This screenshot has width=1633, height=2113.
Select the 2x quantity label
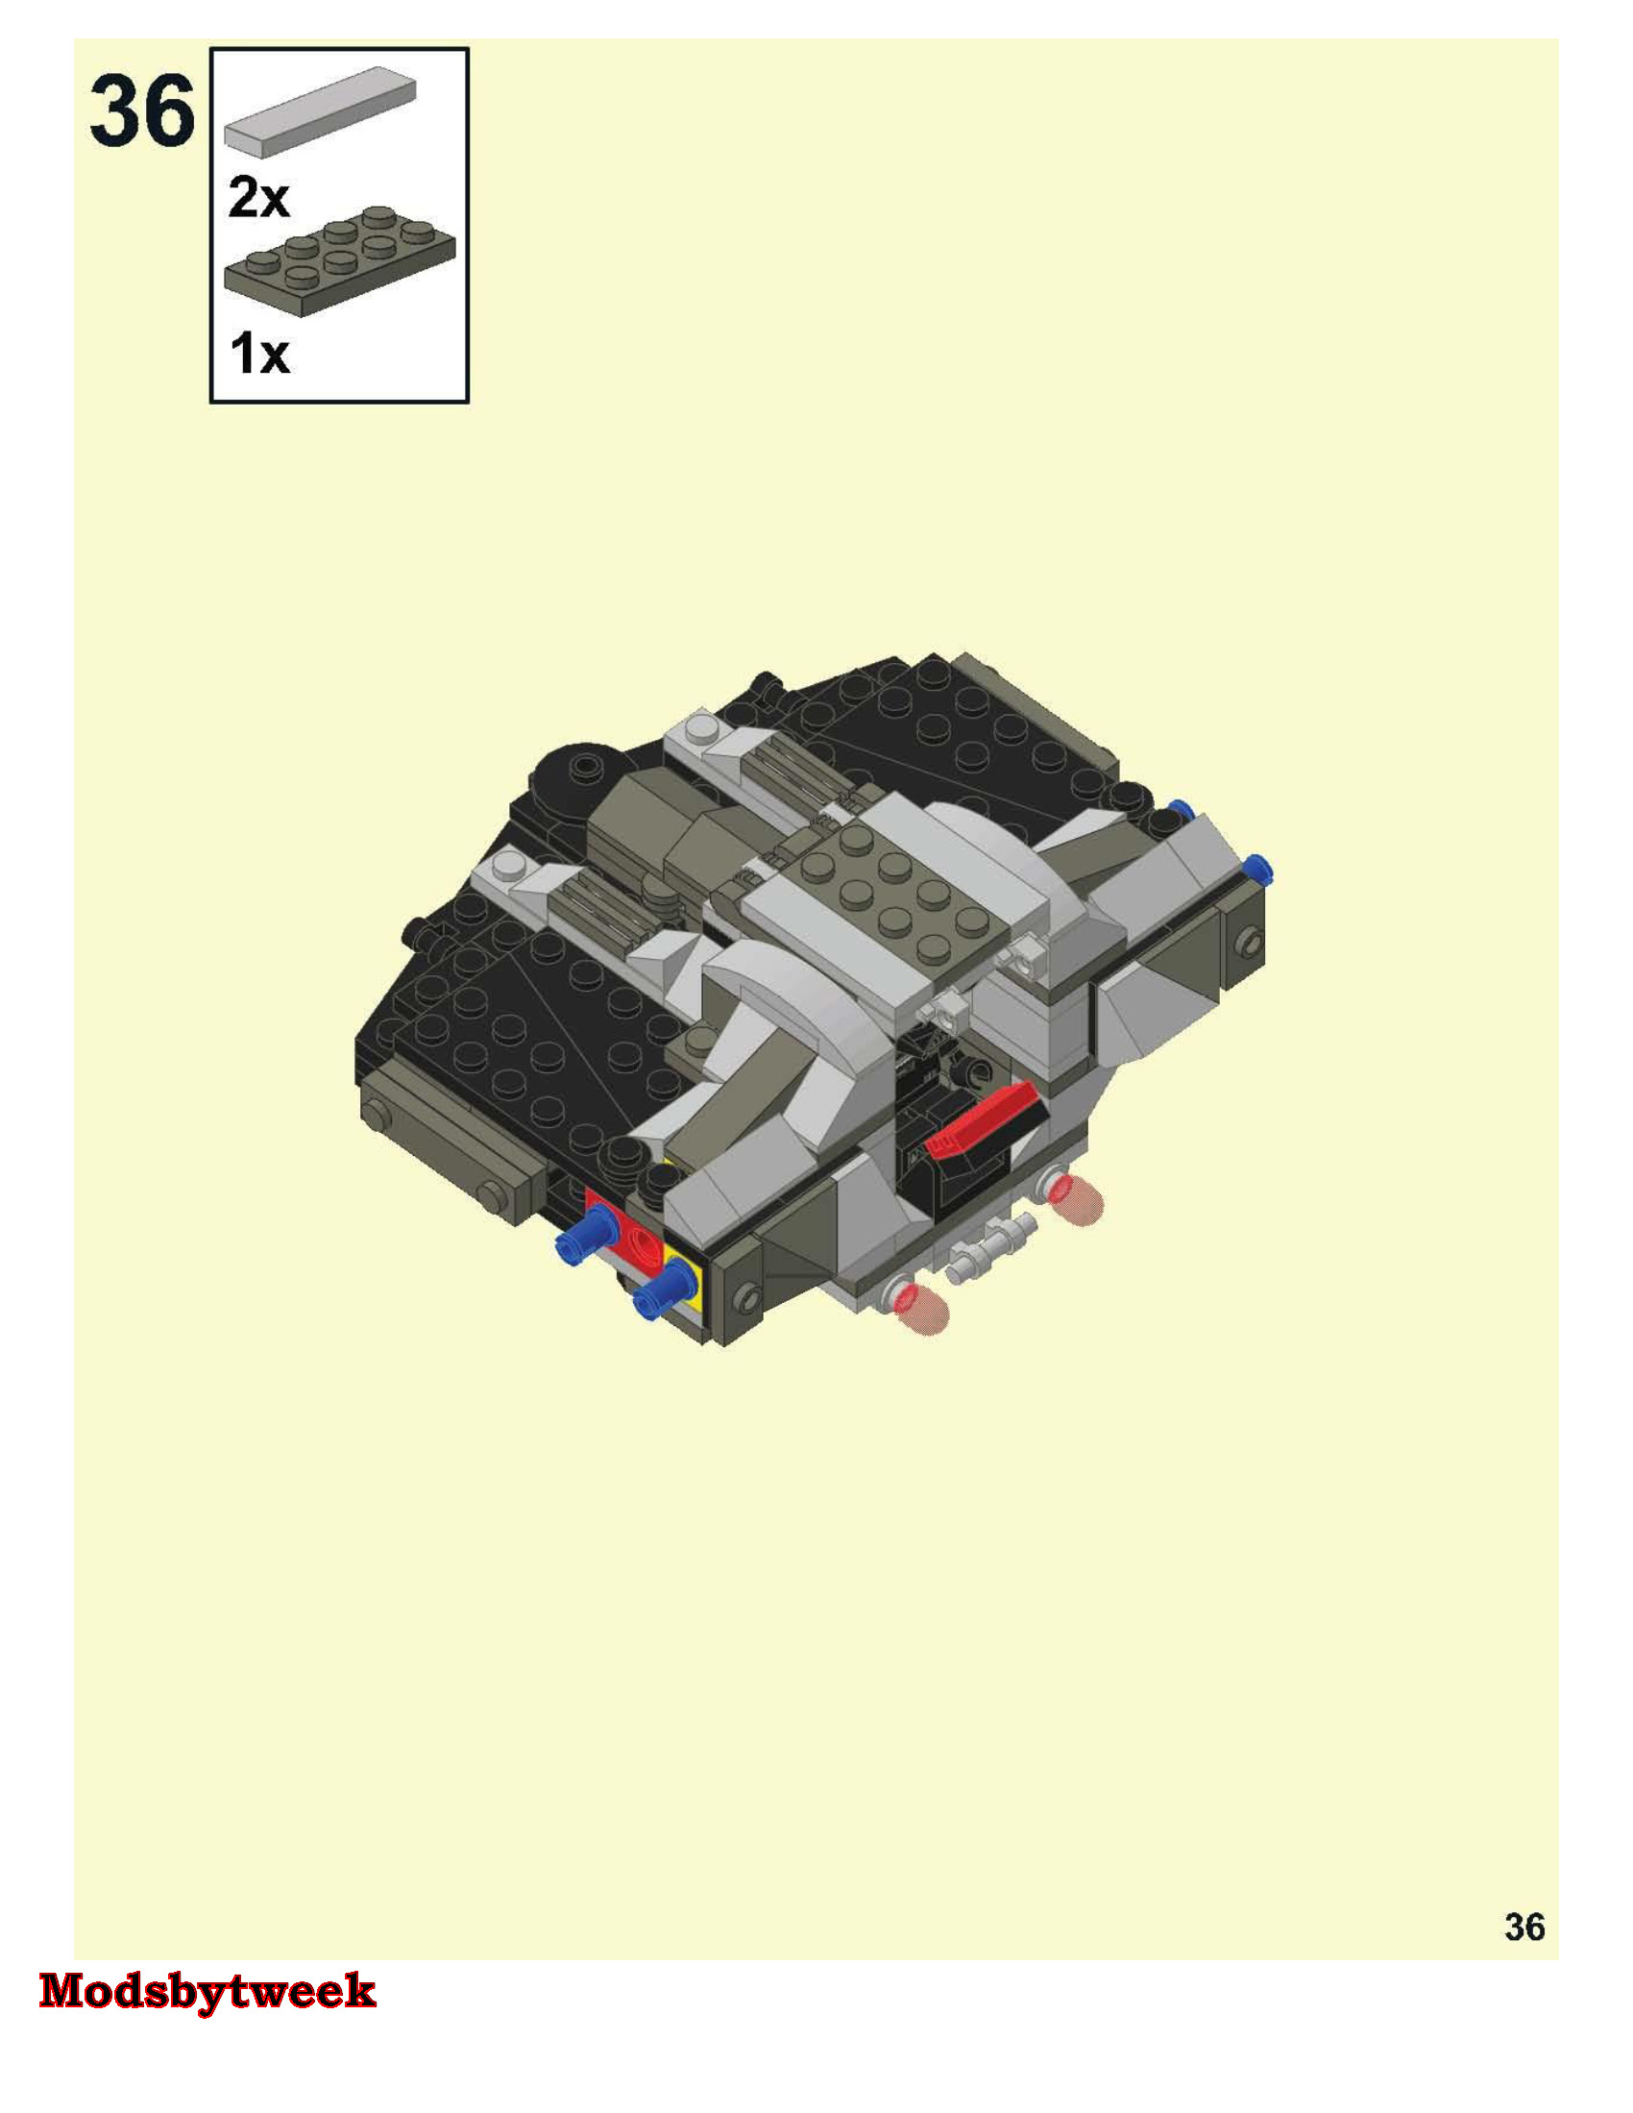point(258,198)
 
